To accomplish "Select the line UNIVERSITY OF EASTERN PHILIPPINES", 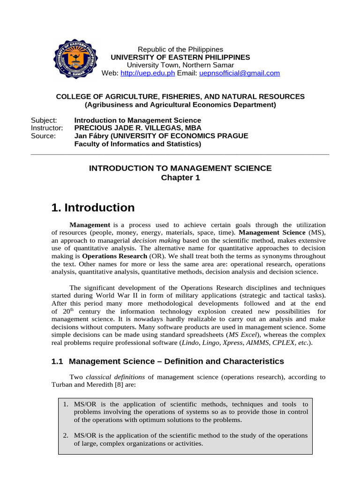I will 180,57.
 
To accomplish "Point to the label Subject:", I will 44,120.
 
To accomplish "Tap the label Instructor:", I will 47,128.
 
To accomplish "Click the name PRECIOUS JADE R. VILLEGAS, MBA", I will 138,128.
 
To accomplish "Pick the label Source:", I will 43,136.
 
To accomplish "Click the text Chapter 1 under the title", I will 180,178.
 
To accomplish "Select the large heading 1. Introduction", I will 92,208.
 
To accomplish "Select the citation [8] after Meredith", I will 111,384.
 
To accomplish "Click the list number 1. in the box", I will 66,404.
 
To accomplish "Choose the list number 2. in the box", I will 66,435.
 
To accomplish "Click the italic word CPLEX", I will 283,343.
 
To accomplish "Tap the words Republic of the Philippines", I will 180,49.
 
